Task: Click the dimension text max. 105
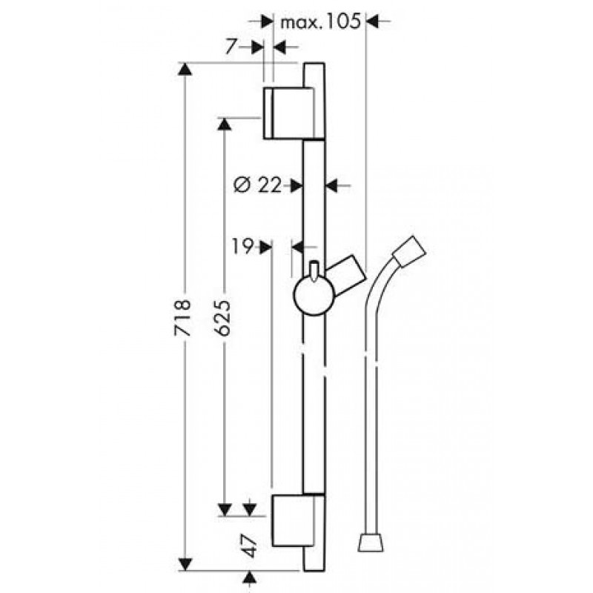point(320,22)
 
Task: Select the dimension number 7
point(232,47)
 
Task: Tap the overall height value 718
point(182,318)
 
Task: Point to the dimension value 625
point(222,318)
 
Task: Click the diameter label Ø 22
point(258,185)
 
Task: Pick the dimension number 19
point(242,247)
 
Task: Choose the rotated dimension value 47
point(250,546)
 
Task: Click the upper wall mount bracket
point(294,113)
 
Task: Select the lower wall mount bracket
point(298,520)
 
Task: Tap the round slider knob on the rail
point(314,296)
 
